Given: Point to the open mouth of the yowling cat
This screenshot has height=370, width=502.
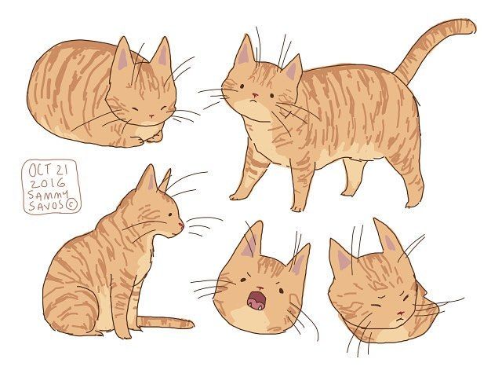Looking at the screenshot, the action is tap(256, 300).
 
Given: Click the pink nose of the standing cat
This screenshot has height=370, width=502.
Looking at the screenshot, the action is tap(254, 95).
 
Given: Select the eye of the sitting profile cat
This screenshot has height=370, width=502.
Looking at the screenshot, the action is tap(169, 214).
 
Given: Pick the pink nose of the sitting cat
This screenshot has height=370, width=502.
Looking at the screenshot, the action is tap(181, 225).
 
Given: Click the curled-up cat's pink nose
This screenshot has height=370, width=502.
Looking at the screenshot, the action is tap(151, 115).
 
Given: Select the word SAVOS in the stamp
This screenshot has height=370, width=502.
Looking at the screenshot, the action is tap(46, 206).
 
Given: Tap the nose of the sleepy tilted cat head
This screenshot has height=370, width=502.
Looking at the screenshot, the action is tap(399, 313).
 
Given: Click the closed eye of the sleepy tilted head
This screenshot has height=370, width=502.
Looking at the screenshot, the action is tap(376, 305).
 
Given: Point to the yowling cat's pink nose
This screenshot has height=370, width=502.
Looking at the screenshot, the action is tap(260, 288).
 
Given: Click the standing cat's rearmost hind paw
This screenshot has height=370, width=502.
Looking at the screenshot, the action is tap(411, 204).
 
